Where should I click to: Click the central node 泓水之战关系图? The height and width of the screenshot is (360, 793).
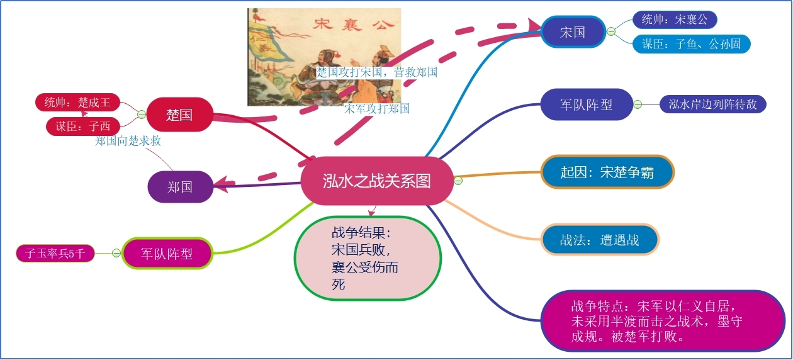[x=376, y=181]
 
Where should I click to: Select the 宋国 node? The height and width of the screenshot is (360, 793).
[x=573, y=32]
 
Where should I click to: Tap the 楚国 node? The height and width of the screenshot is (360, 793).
[x=179, y=115]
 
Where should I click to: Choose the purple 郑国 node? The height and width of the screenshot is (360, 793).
[x=180, y=187]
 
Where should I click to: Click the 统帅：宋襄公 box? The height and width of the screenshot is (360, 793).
[x=675, y=20]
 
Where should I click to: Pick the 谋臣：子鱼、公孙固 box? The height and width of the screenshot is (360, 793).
[x=691, y=44]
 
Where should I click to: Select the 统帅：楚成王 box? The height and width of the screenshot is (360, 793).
[x=77, y=103]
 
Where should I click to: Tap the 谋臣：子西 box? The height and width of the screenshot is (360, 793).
[x=83, y=126]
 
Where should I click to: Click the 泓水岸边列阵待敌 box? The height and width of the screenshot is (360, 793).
[x=712, y=104]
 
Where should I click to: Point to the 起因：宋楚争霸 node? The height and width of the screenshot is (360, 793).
[x=607, y=172]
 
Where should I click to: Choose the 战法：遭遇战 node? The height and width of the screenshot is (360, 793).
[x=599, y=240]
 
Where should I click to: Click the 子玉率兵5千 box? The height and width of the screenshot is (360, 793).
[x=55, y=254]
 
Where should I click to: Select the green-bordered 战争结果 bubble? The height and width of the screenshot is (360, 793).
[x=368, y=258]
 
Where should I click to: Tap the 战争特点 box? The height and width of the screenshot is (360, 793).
[x=663, y=321]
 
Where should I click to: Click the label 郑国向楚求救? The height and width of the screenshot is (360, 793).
[x=128, y=141]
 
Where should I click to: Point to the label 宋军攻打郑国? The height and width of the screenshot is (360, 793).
[x=376, y=108]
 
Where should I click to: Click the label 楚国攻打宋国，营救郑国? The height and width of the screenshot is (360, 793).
[x=376, y=72]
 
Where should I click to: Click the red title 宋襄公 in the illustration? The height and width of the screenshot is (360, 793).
[x=353, y=25]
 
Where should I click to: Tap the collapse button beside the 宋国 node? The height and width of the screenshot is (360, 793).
[x=611, y=32]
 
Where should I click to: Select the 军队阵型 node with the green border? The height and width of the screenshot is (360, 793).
[x=167, y=254]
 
